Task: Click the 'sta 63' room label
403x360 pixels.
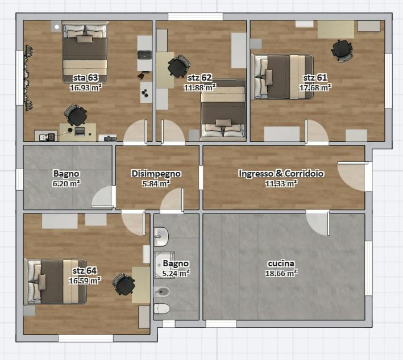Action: tap(85, 78)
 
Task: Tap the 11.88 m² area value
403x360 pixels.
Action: tap(200, 87)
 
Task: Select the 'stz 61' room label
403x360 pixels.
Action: tap(315, 78)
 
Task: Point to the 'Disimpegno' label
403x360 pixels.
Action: tap(156, 174)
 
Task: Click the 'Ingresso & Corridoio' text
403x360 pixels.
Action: tap(281, 174)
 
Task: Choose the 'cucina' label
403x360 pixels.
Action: tap(281, 263)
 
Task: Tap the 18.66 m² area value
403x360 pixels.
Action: tap(281, 273)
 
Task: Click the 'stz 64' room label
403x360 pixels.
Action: tap(85, 271)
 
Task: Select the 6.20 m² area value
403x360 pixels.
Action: tap(66, 183)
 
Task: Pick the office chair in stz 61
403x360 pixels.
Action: tap(342, 51)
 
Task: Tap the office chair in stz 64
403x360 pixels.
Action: tap(124, 284)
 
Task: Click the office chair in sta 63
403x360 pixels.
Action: tap(76, 115)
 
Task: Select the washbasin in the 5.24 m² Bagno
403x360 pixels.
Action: tap(161, 236)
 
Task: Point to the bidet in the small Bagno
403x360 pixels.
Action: tap(161, 292)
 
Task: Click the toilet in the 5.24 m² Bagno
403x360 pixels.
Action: tap(162, 309)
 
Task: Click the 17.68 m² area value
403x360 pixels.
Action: tap(315, 87)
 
